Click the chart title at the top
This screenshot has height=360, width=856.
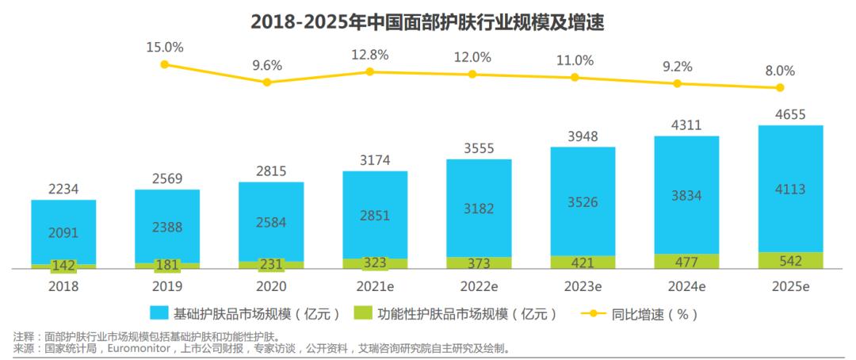tap(427, 21)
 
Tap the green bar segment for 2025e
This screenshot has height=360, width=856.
tap(790, 261)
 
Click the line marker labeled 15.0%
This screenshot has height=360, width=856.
tap(164, 64)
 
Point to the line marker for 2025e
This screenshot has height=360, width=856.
tap(781, 87)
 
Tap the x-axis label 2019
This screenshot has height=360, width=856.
tap(167, 286)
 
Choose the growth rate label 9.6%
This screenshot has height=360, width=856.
tap(267, 65)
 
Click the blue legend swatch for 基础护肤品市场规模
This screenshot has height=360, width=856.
tap(159, 314)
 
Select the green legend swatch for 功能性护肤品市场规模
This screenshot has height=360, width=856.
tap(365, 314)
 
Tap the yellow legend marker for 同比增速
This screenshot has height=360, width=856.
tap(590, 314)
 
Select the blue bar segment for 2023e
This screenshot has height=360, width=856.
tap(583, 201)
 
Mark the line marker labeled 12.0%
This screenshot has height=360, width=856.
tap(472, 74)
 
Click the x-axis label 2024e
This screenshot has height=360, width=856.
tap(686, 286)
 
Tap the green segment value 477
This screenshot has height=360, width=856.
tap(686, 262)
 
